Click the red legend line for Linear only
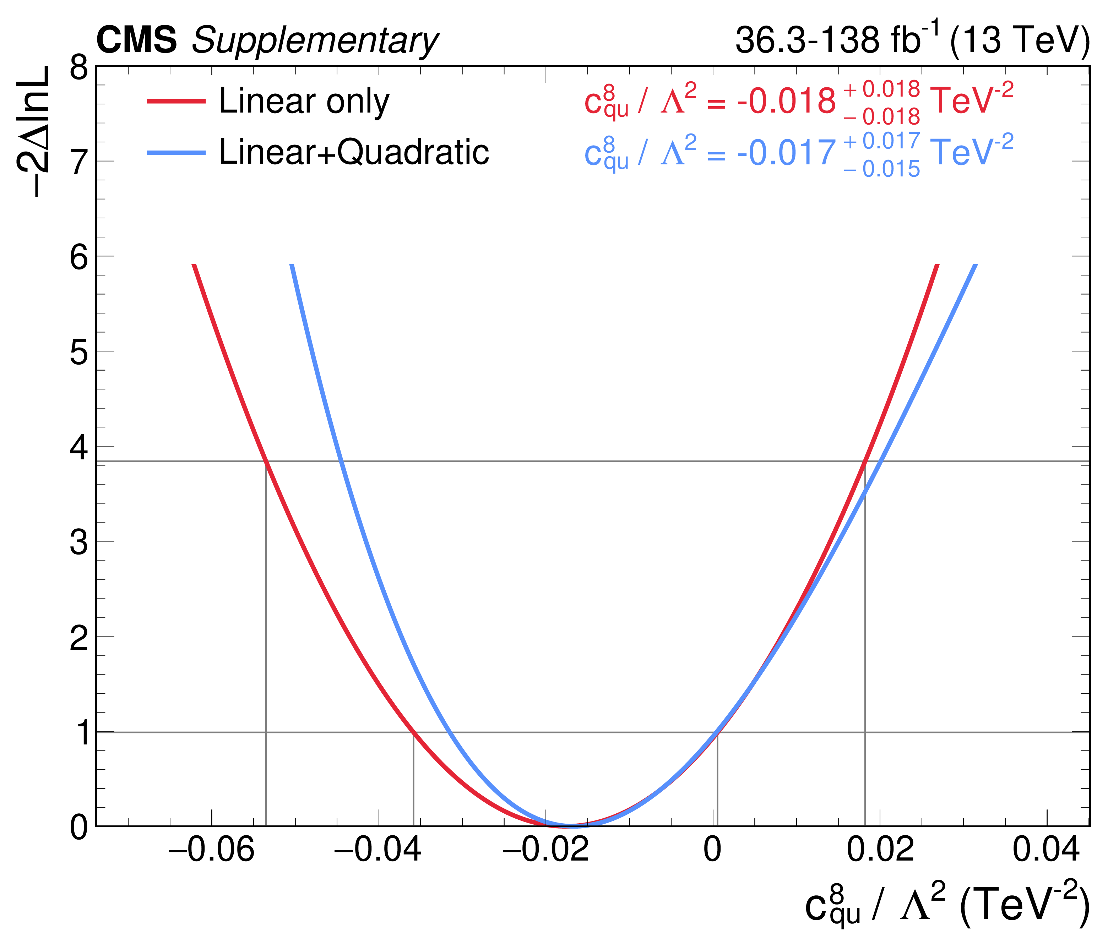(x=176, y=101)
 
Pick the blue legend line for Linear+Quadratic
(x=176, y=153)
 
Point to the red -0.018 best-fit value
(x=786, y=101)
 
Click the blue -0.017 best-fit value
(x=786, y=153)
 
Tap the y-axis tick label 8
(x=79, y=68)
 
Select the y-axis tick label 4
(x=79, y=447)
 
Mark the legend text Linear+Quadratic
(x=354, y=152)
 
